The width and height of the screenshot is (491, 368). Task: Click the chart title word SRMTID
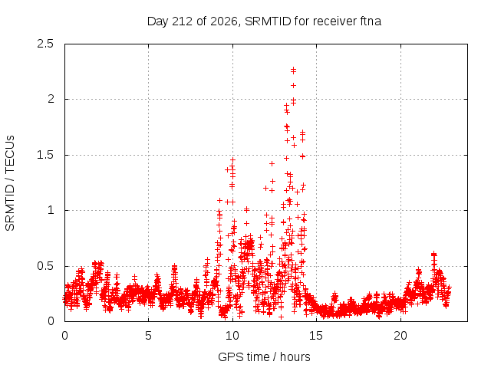268,21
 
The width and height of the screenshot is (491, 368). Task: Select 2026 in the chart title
224,21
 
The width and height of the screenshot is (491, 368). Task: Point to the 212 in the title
183,21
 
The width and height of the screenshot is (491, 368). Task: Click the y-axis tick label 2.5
45,44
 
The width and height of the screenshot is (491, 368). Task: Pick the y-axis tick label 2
51,99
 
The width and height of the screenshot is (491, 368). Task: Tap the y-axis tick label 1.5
45,155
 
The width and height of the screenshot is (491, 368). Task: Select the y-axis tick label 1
51,210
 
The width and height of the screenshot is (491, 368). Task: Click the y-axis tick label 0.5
45,266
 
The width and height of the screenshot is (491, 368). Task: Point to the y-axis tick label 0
51,321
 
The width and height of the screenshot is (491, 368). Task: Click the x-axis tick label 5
148,336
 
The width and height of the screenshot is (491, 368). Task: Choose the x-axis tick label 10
232,336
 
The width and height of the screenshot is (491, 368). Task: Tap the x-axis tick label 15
316,336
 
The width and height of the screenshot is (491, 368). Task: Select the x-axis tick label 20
400,336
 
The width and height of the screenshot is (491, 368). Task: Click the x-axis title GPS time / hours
264,356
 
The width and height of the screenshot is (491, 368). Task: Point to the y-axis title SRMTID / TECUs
10,183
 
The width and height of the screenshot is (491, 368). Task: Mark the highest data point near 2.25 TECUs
293,70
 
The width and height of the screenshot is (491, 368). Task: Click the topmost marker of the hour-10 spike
232,160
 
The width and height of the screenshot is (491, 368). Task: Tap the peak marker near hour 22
433,254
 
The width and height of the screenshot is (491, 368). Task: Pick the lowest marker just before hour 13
282,317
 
